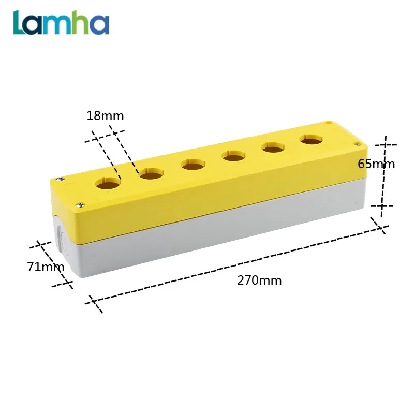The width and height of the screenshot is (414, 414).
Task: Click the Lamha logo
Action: pos(62,23)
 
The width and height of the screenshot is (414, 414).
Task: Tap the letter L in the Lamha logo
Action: pos(21,22)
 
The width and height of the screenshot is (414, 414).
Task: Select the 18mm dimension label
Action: pos(105,116)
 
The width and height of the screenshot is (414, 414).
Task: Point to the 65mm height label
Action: pos(376,164)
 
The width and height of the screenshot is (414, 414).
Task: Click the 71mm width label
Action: pos(45,267)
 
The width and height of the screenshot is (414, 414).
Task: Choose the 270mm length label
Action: pos(259,280)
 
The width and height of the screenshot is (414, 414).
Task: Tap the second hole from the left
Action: pos(151,173)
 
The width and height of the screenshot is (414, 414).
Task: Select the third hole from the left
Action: pos(193,165)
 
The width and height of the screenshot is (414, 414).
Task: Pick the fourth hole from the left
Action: pos(233,155)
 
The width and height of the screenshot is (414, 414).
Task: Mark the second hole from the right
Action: pos(272,147)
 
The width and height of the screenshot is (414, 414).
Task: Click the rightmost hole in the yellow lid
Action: pos(309,140)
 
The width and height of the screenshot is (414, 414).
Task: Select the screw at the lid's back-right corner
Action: pos(329,123)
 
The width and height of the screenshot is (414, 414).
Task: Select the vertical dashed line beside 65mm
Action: pos(383,176)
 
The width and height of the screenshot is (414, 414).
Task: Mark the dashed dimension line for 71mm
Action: pos(54,264)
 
